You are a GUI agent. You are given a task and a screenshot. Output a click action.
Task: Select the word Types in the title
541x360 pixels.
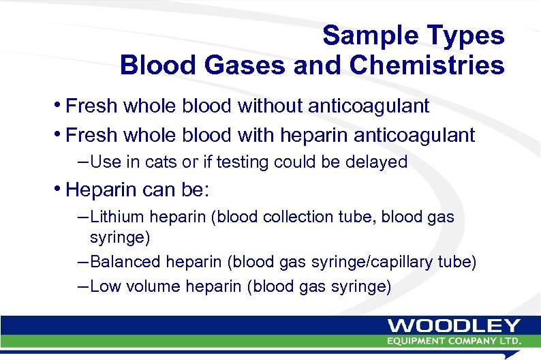tap(473, 35)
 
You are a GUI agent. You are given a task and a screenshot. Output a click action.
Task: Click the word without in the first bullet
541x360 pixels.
tap(274, 106)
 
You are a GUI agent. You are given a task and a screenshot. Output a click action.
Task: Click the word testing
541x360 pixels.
tap(232, 162)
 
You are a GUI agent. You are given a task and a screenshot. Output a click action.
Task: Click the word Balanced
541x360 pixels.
tap(125, 262)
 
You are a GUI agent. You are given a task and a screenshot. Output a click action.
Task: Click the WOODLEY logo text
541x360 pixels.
tap(454, 327)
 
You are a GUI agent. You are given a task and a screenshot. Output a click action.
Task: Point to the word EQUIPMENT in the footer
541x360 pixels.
tap(419, 340)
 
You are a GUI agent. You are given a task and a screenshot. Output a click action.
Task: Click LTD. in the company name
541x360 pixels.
tap(510, 340)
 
